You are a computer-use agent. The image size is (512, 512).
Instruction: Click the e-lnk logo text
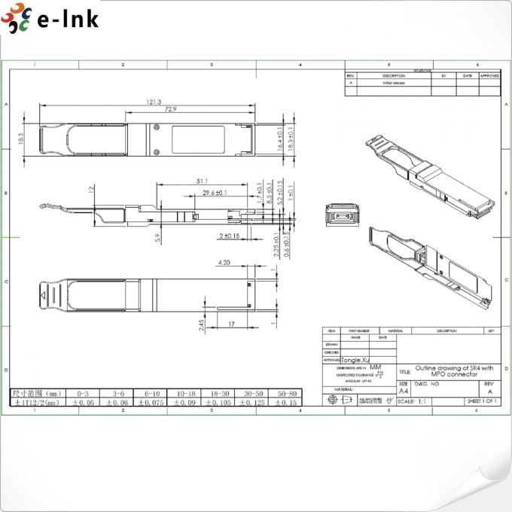(x=68, y=19)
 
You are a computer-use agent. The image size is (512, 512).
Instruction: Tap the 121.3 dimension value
(x=155, y=102)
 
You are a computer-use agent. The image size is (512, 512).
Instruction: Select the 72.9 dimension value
(x=171, y=110)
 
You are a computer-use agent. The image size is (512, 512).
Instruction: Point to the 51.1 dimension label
(x=202, y=181)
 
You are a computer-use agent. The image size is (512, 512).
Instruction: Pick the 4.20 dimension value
(x=224, y=263)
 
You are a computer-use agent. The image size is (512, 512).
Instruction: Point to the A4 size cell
(x=404, y=392)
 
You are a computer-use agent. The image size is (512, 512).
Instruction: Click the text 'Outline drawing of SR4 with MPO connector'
(x=454, y=370)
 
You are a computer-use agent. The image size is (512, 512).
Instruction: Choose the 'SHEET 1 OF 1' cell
(x=483, y=401)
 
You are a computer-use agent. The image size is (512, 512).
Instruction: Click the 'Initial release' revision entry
(x=393, y=83)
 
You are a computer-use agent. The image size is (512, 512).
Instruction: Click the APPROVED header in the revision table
(x=489, y=76)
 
